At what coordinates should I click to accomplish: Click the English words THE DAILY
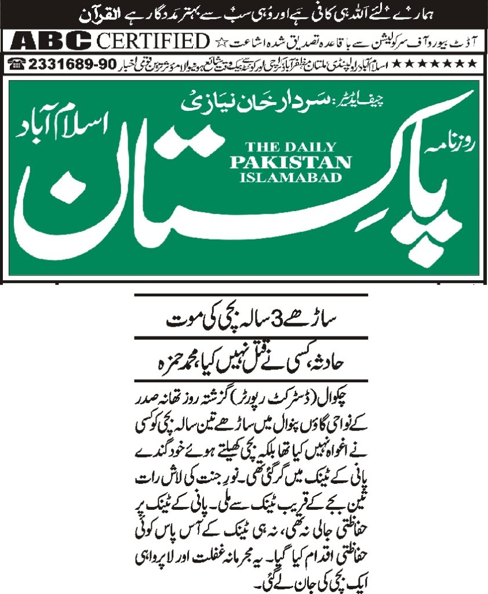click(290, 146)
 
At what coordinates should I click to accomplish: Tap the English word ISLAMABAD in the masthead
click(290, 178)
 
